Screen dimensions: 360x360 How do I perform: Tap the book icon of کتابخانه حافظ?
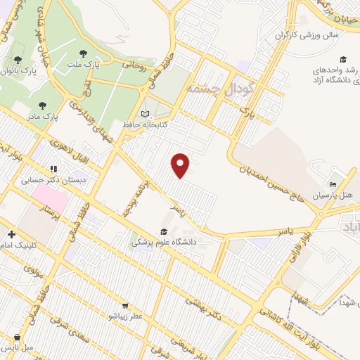pos(146,113)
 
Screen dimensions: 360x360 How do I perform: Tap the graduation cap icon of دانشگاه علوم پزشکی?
pos(164,231)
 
